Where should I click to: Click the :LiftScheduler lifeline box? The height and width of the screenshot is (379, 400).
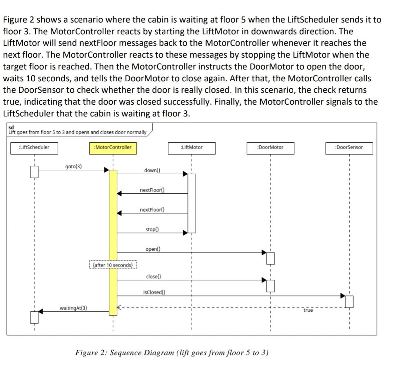(x=34, y=148)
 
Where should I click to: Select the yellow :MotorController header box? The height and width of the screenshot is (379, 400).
(x=113, y=148)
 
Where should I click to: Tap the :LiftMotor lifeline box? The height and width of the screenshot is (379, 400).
(x=191, y=148)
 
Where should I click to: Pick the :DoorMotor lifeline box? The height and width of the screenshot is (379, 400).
(x=270, y=148)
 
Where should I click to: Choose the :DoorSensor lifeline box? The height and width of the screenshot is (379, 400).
(x=349, y=148)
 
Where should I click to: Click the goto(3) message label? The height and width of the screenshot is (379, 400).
(x=73, y=166)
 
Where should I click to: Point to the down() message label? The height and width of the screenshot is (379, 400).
(x=152, y=170)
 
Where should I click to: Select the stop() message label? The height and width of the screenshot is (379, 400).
(x=152, y=230)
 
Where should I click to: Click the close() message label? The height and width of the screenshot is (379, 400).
(x=153, y=277)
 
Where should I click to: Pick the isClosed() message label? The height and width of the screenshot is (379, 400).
(x=154, y=292)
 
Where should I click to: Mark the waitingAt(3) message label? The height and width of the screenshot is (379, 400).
(x=74, y=308)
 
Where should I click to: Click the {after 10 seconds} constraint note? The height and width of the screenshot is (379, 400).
(x=113, y=265)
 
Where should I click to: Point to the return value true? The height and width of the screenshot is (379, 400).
(x=308, y=311)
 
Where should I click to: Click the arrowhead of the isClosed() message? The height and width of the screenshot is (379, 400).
(x=343, y=295)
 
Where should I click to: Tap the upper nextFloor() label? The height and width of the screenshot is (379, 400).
(x=152, y=190)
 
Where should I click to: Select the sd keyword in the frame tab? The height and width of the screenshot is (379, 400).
(x=11, y=128)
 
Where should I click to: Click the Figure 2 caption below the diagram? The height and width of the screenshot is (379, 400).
(x=172, y=352)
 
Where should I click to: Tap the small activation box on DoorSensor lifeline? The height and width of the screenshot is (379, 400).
(x=349, y=301)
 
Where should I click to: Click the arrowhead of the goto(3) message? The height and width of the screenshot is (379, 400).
(x=106, y=170)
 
